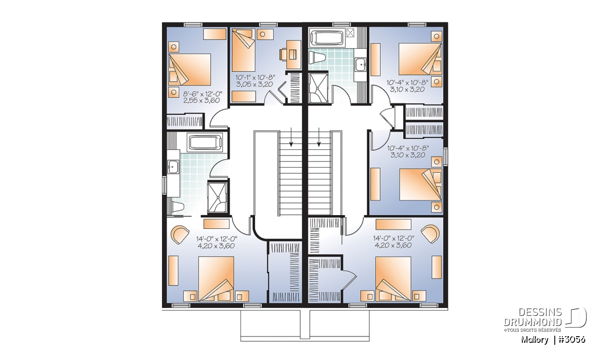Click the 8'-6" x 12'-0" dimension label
click(203, 94)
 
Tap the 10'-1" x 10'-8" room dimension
click(255, 78)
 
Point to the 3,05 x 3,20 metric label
click(254, 85)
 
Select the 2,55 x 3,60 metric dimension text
click(202, 101)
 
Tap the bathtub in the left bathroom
click(206, 142)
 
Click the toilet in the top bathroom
click(317, 58)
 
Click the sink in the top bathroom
click(361, 65)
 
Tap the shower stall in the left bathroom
click(217, 197)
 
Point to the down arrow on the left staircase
click(291, 137)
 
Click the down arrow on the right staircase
click(319, 137)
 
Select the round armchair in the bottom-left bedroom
click(179, 234)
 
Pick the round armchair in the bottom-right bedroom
click(431, 233)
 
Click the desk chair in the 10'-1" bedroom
click(283, 54)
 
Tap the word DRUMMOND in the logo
click(533, 323)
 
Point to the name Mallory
click(535, 340)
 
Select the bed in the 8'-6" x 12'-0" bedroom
click(189, 69)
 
